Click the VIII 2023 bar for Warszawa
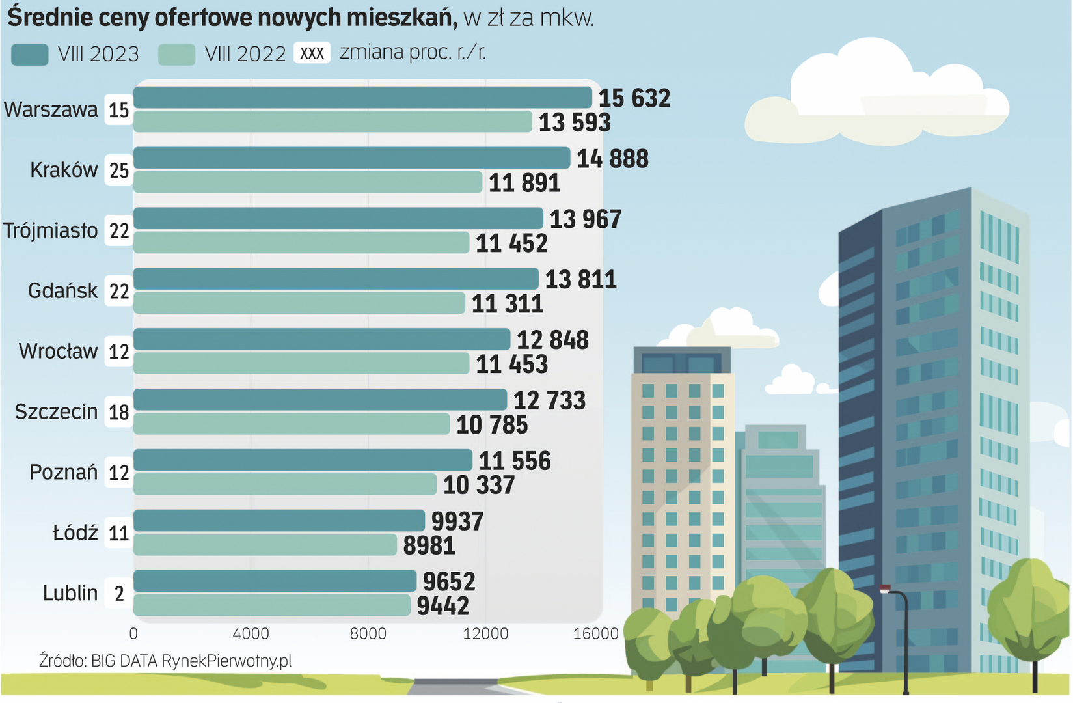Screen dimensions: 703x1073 coord(362,98)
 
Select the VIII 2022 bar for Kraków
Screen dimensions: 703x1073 coord(308,182)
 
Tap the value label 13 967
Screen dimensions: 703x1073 coord(586,219)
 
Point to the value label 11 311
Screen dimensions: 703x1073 coord(508,304)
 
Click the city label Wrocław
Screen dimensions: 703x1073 coord(58,351)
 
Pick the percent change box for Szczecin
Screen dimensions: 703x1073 coord(119,412)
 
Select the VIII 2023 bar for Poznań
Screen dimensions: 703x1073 coord(303,460)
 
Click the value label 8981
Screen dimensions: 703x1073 coord(429,545)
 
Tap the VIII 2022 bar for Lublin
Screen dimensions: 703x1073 coord(272,605)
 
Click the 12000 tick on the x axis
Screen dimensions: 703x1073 coord(485,633)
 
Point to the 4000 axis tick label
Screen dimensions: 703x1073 coord(251,633)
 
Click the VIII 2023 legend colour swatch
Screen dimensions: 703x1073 coord(30,55)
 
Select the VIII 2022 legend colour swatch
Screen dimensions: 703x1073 coord(176,55)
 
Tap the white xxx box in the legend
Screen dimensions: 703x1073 coord(312,53)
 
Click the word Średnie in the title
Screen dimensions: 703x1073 coord(49,18)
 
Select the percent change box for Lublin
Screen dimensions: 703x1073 coord(119,594)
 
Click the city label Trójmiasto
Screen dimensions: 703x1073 coord(51,230)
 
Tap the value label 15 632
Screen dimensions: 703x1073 coord(634,98)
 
